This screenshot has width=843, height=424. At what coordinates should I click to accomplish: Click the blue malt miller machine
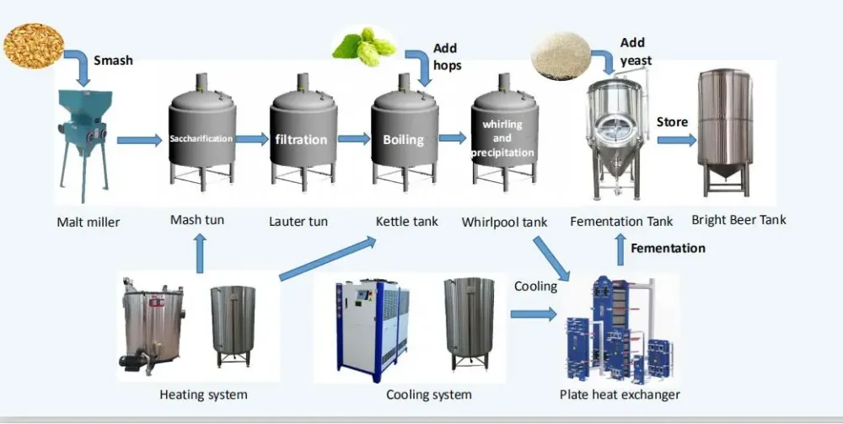click(x=83, y=139)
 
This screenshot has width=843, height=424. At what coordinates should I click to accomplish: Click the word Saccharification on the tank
click(x=201, y=138)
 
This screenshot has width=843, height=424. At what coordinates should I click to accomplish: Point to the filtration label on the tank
click(x=301, y=139)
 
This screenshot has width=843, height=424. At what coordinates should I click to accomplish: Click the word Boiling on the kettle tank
click(x=403, y=139)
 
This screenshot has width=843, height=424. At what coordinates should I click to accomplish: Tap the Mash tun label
click(x=197, y=220)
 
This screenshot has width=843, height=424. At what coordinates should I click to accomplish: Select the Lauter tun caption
click(x=298, y=222)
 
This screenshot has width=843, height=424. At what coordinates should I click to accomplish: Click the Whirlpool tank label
click(x=504, y=223)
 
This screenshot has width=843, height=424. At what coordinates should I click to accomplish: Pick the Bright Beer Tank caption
click(x=738, y=220)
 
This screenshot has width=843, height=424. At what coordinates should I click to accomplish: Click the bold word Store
click(x=672, y=122)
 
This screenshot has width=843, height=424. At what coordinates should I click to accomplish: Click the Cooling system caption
click(x=428, y=394)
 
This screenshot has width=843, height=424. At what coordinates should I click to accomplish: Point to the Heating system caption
click(x=203, y=394)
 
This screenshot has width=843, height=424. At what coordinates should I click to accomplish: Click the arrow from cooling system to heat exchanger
click(x=534, y=314)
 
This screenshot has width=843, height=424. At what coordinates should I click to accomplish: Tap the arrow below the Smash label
click(x=78, y=67)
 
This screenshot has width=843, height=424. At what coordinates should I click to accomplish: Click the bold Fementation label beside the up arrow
click(x=668, y=248)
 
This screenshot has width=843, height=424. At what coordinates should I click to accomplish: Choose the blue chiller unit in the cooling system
click(x=368, y=325)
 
